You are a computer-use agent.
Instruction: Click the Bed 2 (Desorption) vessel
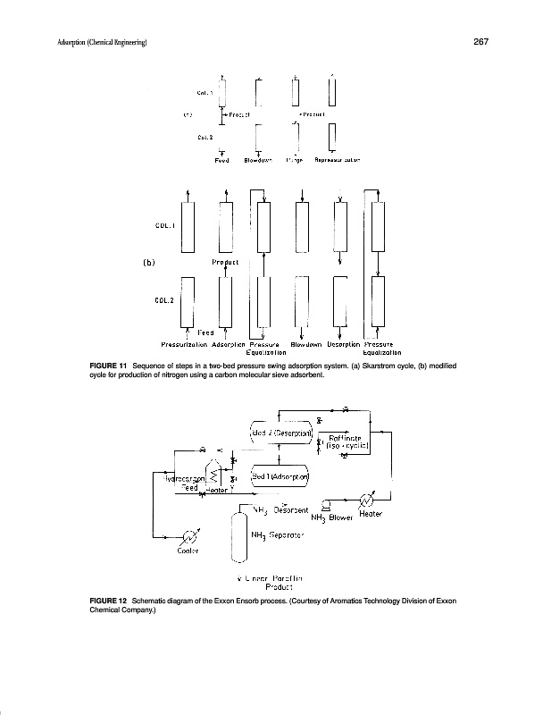pyautogui.click(x=280, y=433)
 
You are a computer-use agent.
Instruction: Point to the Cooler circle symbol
pyautogui.click(x=189, y=536)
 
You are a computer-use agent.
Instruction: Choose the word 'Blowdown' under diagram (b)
pyautogui.click(x=305, y=343)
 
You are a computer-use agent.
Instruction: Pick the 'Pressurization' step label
pyautogui.click(x=184, y=343)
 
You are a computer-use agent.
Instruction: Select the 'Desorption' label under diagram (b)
pyautogui.click(x=342, y=343)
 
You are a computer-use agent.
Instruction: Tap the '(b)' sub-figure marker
pyautogui.click(x=149, y=263)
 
